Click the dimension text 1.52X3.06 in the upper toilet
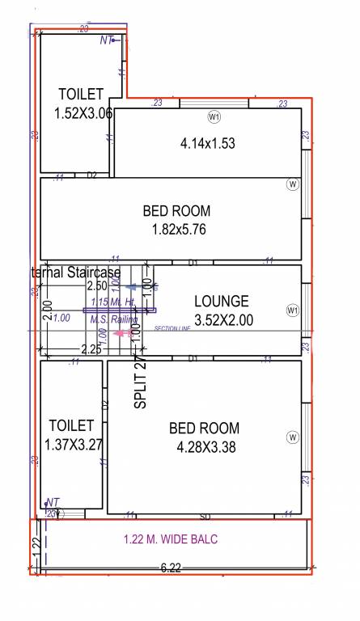83,113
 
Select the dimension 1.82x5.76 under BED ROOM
180,229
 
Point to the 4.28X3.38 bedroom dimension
206,447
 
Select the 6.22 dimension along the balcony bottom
171,568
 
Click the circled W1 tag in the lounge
292,310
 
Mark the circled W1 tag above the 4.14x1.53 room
214,117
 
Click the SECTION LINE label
171,329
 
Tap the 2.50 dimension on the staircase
97,285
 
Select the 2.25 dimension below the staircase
91,349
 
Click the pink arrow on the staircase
124,332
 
